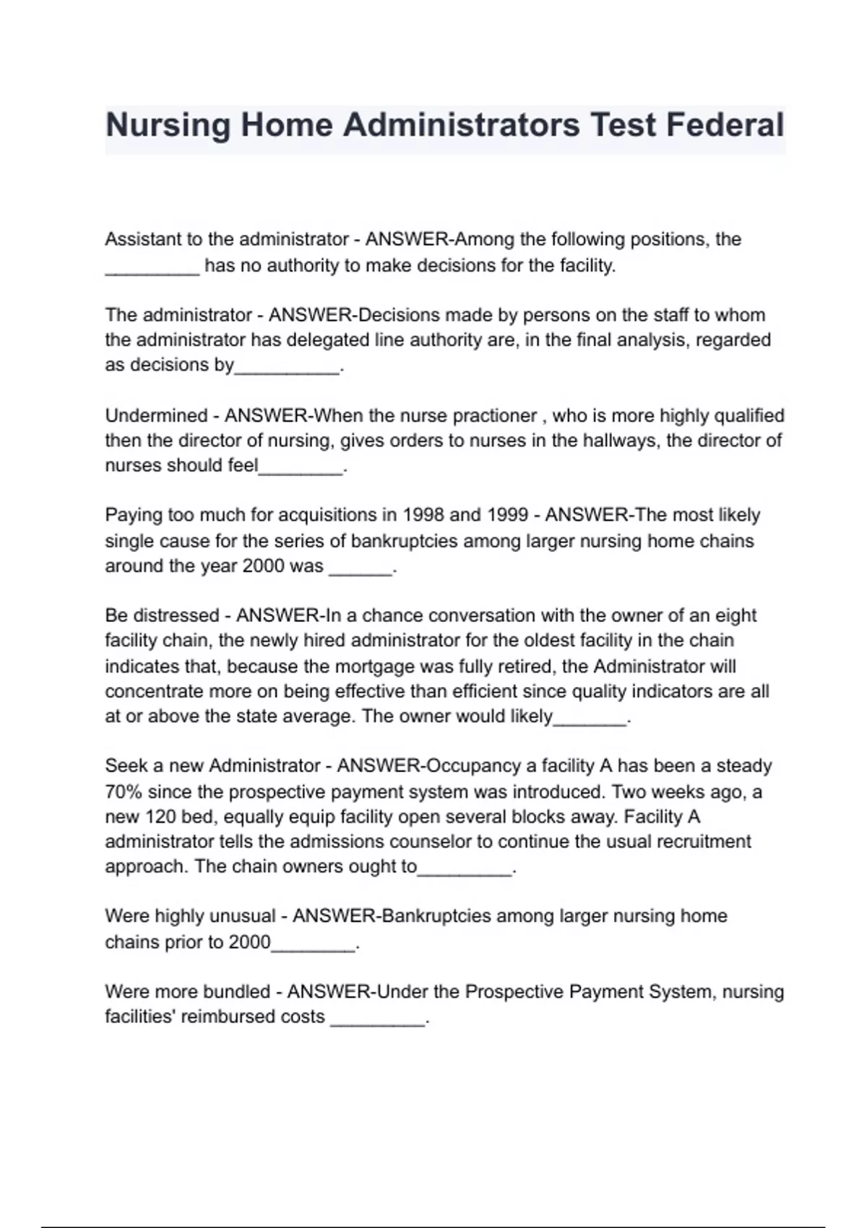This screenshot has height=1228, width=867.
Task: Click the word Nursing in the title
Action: pos(167,125)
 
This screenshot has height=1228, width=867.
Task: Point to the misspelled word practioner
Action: pos(494,416)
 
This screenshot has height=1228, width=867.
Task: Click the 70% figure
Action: pos(124,792)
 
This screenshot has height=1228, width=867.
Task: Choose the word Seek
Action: pos(126,766)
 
